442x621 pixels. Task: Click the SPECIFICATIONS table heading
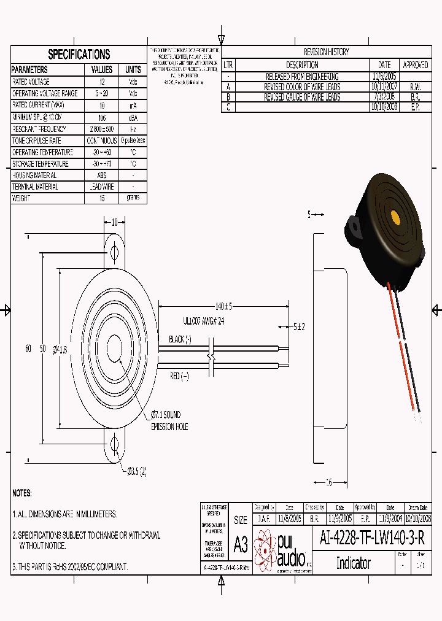(x=79, y=54)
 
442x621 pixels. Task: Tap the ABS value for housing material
(x=102, y=175)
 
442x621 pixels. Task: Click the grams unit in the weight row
(x=133, y=198)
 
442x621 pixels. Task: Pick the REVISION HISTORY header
(x=326, y=52)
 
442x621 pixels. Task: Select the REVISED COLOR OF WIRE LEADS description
(x=302, y=87)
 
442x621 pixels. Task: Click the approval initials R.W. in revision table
(x=415, y=87)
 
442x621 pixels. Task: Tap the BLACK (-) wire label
(x=180, y=339)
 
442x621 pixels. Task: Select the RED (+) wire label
(x=180, y=376)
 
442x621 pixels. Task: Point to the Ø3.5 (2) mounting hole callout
(x=137, y=471)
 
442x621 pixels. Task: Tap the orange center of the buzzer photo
(x=395, y=218)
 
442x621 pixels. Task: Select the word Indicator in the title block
(x=353, y=563)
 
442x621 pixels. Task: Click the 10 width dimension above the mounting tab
(x=114, y=222)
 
